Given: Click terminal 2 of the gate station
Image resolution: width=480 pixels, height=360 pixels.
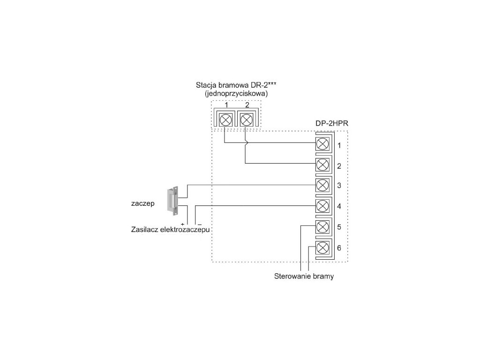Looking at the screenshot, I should click(245, 119).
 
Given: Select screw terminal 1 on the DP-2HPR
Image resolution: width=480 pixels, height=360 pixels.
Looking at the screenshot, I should click(322, 143).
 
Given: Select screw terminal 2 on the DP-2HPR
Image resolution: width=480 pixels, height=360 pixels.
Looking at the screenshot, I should click(322, 164).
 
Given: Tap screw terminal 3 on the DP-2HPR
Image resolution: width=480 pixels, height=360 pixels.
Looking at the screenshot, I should click(322, 185).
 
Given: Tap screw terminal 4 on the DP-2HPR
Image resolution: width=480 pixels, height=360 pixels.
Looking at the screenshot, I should click(322, 205).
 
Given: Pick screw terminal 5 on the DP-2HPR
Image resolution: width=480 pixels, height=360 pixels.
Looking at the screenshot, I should click(322, 227).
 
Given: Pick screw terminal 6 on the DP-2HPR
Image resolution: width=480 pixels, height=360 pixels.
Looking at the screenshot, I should click(322, 247).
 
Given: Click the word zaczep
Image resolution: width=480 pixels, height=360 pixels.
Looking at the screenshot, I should click(143, 204).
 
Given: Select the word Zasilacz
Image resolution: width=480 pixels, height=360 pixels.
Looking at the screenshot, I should click(145, 230).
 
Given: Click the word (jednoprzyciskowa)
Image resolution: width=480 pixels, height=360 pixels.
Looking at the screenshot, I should click(233, 94).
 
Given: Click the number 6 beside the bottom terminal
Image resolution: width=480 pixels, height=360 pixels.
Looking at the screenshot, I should click(339, 247).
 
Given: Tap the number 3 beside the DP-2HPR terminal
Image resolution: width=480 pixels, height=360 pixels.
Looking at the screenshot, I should click(339, 185).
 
